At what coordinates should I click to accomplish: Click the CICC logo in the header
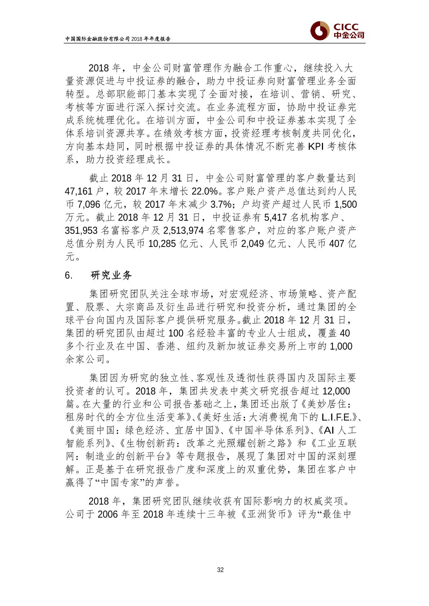pyautogui.click(x=337, y=30)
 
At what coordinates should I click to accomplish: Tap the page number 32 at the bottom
pyautogui.click(x=221, y=570)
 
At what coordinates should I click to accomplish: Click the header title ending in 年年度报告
pyautogui.click(x=118, y=39)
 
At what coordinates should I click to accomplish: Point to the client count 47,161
pyautogui.click(x=80, y=191)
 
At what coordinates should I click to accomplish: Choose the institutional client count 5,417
pyautogui.click(x=275, y=217)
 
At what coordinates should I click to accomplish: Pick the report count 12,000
pyautogui.click(x=337, y=391)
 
